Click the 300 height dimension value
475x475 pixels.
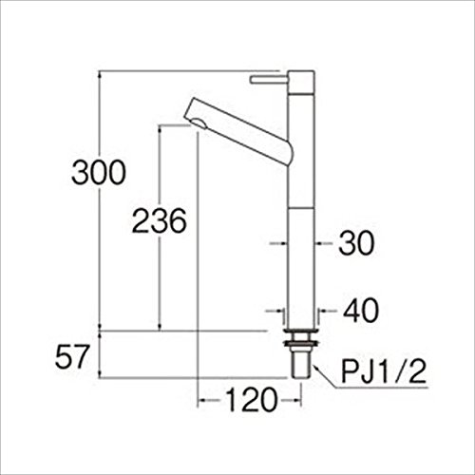pos(99,173)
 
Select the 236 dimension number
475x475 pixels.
pos(160,220)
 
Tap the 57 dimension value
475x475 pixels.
pos(71,356)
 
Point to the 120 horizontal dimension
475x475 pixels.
pos(252,400)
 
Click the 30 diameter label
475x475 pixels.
pos(356,243)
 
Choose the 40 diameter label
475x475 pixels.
pos(361,311)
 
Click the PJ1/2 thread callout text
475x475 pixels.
pos(384,371)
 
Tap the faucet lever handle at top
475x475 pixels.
pos(269,80)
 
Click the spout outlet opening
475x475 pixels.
pos(199,123)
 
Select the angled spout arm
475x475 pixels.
pos(239,131)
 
